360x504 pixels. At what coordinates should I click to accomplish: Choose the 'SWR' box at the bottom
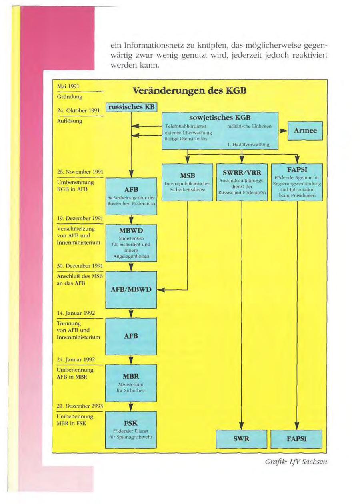[x=242, y=439]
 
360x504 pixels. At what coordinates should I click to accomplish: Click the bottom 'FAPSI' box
[x=296, y=439]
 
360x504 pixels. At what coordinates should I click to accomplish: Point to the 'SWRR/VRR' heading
[x=242, y=173]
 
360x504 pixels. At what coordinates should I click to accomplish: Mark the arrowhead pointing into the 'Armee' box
[x=284, y=131]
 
